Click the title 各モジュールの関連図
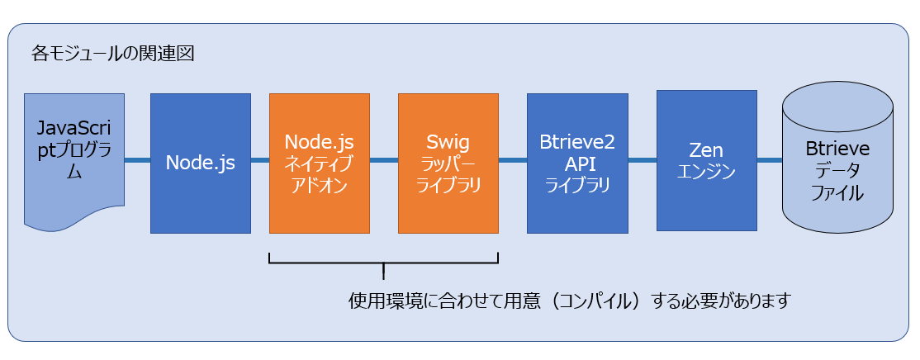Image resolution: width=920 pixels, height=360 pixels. click(x=112, y=54)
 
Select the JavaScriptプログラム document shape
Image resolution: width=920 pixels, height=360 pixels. click(x=74, y=159)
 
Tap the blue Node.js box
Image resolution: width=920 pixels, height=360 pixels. click(x=201, y=163)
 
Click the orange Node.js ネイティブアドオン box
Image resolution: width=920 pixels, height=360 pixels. click(x=319, y=163)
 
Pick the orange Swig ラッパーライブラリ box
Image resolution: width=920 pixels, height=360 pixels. click(x=448, y=163)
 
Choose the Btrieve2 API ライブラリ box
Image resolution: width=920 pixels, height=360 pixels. click(x=577, y=163)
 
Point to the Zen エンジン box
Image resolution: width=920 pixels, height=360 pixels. click(x=706, y=160)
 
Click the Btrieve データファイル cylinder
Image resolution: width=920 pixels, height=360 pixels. click(x=838, y=159)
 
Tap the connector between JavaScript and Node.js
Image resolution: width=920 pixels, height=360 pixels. click(x=137, y=159)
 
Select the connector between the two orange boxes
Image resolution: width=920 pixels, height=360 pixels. click(x=384, y=159)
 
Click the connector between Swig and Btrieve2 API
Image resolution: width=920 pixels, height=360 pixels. click(x=513, y=159)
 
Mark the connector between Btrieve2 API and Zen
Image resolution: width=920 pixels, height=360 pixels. click(x=642, y=159)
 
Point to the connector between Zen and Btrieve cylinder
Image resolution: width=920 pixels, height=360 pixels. click(x=770, y=159)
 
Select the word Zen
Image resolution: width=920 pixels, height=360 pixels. click(x=706, y=150)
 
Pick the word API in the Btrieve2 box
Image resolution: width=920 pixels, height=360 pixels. click(x=577, y=165)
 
